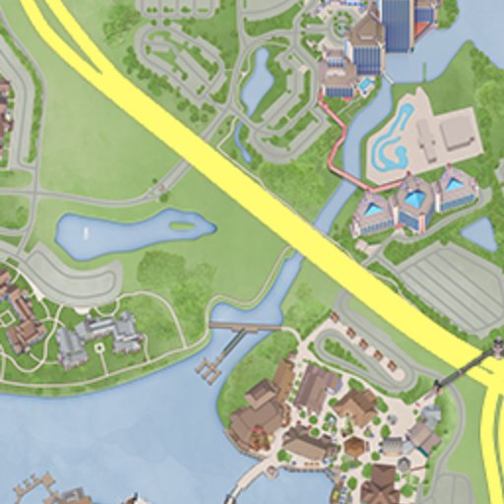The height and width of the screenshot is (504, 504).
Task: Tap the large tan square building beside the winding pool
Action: [x=456, y=132]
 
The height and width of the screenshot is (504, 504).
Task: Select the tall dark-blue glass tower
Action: [x=397, y=25]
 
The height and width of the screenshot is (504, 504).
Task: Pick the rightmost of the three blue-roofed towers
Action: [x=454, y=188]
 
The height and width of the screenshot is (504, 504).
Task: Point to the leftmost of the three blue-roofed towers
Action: [x=373, y=214]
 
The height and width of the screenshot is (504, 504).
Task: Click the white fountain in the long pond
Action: [x=86, y=234]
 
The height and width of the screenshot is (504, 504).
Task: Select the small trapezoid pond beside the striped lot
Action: [x=479, y=234]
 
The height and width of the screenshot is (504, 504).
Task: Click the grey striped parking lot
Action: [x=454, y=286]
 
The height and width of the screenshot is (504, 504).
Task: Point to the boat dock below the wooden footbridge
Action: [x=209, y=369]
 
